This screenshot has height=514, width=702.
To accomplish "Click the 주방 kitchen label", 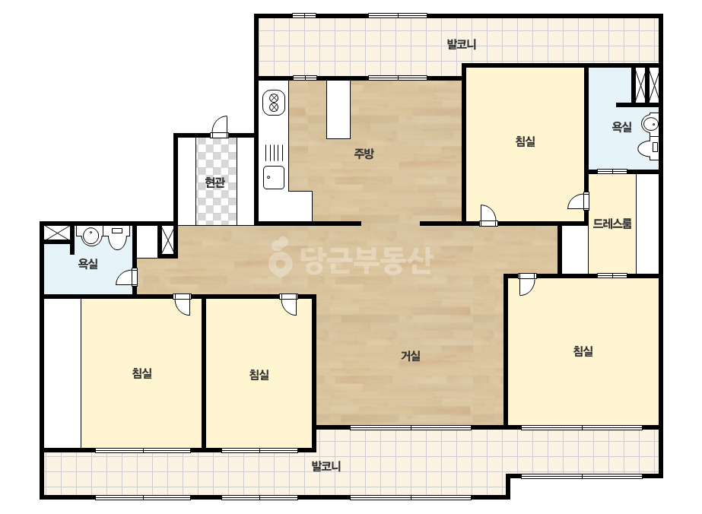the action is (x=364, y=154).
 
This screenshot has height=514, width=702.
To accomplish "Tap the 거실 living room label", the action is (x=410, y=356).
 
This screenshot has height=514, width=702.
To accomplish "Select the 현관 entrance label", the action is (x=214, y=182).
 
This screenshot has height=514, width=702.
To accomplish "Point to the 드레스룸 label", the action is (x=612, y=224).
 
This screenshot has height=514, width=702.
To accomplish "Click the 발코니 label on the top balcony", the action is (x=461, y=44).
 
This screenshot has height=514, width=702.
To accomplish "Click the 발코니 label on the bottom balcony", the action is (x=326, y=466).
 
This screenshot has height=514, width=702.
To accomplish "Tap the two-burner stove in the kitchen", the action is (x=274, y=103).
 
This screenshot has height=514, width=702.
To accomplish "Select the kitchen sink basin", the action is (x=274, y=177).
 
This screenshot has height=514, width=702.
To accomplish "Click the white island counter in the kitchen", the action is (x=338, y=109).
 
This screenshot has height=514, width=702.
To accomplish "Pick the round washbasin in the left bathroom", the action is (x=91, y=236).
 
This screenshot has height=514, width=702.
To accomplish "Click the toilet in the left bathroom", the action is (x=117, y=237).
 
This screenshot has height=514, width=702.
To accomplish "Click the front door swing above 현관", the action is (x=220, y=128).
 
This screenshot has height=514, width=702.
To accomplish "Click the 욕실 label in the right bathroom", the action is (x=621, y=127).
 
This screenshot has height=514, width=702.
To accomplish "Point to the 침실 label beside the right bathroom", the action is (x=525, y=141).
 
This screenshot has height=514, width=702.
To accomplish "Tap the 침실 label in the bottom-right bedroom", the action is (x=583, y=351).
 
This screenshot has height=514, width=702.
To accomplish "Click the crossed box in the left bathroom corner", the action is (x=57, y=233).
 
